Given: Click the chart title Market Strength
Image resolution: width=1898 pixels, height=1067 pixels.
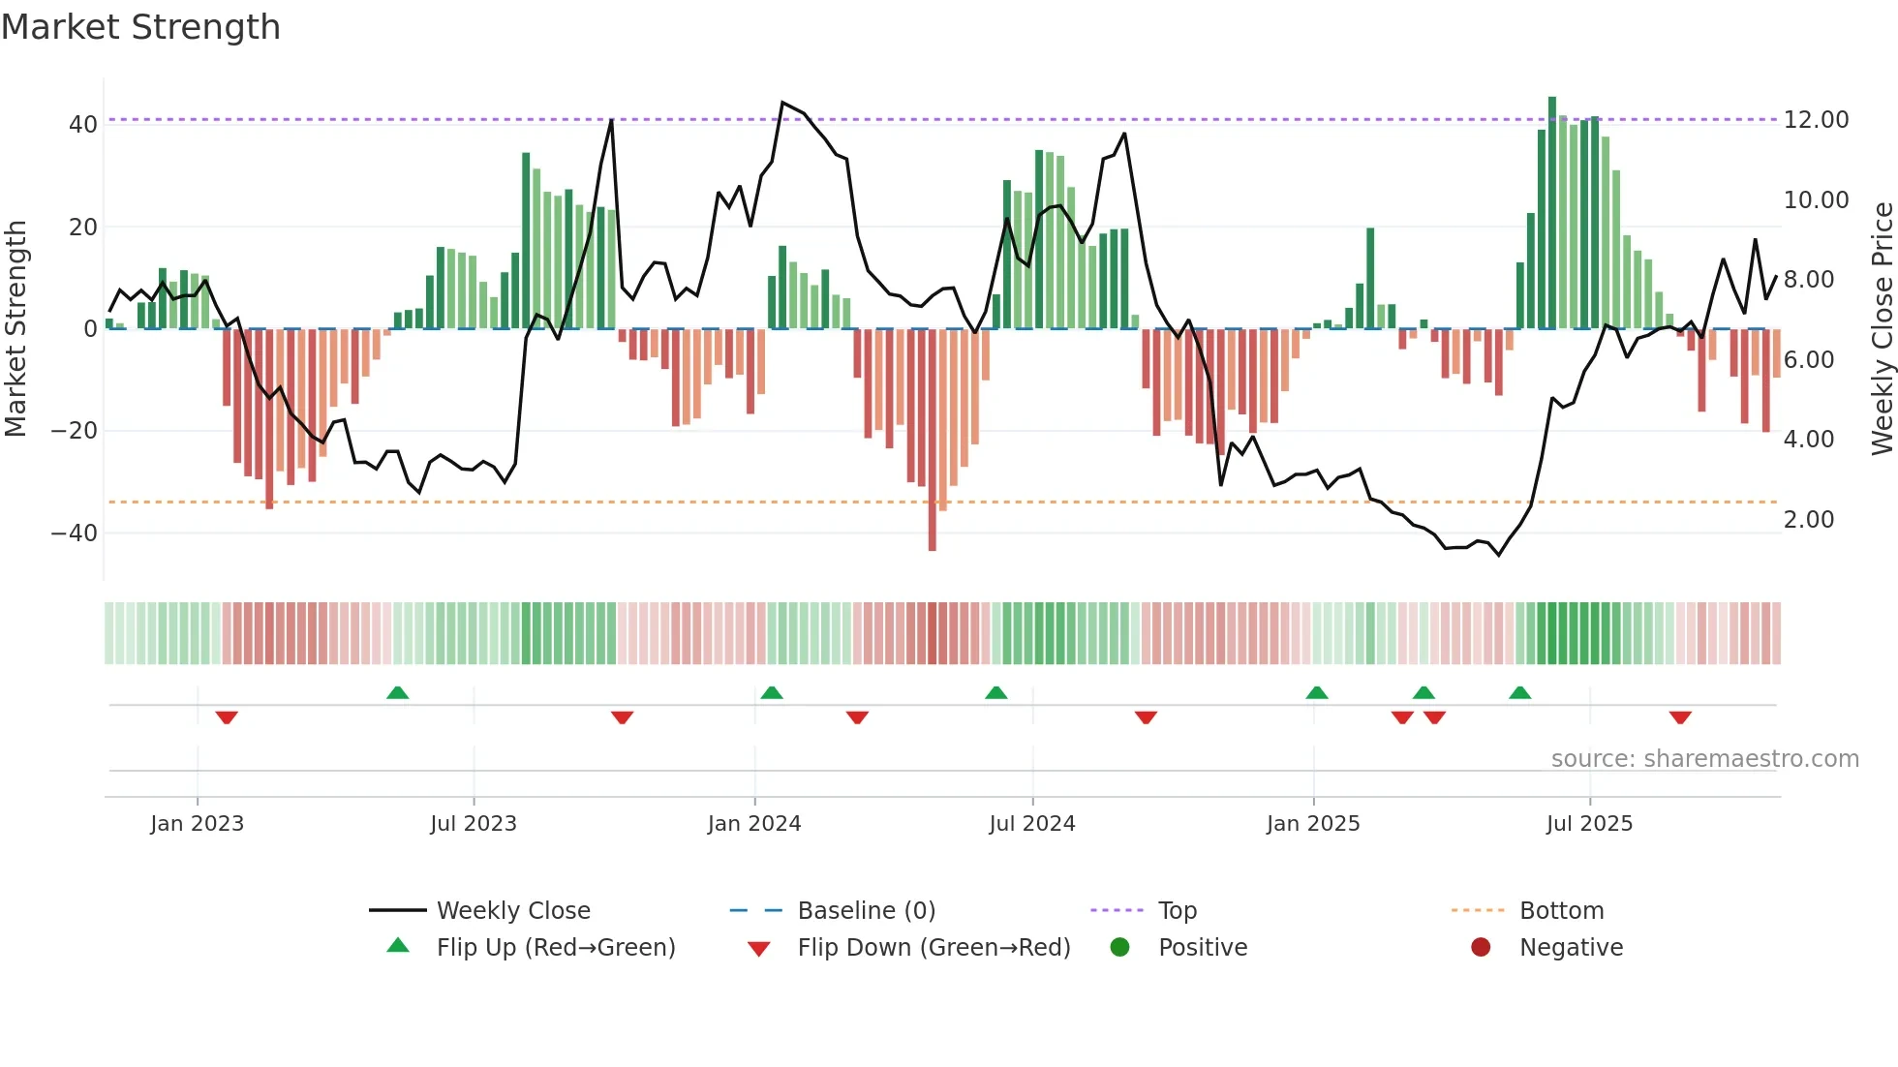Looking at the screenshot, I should point(140,27).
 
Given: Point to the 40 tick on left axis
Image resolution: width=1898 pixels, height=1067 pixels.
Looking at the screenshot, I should point(82,124).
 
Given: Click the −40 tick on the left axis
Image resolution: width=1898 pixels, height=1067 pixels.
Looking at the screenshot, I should point(75,533).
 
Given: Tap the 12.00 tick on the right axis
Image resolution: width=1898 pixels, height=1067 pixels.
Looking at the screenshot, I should point(1816,120).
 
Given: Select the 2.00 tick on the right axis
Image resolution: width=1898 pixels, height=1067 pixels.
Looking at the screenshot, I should point(1808,520).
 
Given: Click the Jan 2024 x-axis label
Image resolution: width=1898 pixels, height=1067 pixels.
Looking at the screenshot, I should point(754,824).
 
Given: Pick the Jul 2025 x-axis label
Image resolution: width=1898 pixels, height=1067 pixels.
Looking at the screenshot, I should point(1589,824).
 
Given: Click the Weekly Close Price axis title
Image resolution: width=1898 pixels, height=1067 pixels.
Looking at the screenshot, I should point(1882,328).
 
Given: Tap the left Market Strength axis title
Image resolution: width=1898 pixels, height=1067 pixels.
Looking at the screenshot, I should point(16,328).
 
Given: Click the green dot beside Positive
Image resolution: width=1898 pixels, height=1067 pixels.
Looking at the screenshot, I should point(1119,948).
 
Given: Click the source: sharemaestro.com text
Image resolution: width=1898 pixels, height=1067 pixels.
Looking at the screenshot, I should point(1704,759).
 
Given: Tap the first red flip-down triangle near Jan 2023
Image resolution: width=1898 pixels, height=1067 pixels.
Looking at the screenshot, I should point(227,717).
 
